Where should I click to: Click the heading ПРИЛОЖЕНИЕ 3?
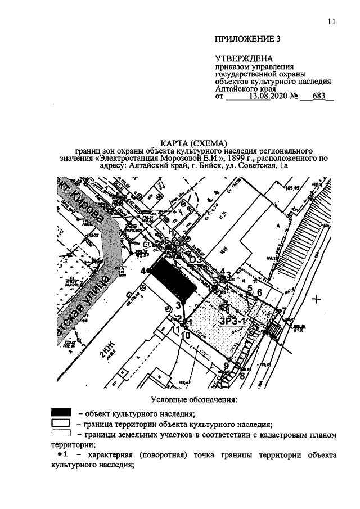click(x=247, y=39)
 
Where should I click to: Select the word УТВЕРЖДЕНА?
click(x=244, y=58)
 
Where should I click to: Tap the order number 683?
click(x=318, y=96)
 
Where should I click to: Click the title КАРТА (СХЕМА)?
click(x=193, y=142)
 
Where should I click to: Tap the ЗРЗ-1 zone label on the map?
click(x=232, y=321)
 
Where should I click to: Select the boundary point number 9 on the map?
click(x=226, y=366)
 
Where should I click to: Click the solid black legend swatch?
click(x=61, y=413)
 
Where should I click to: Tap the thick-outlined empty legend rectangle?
click(x=60, y=423)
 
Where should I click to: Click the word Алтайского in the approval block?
click(x=236, y=88)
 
